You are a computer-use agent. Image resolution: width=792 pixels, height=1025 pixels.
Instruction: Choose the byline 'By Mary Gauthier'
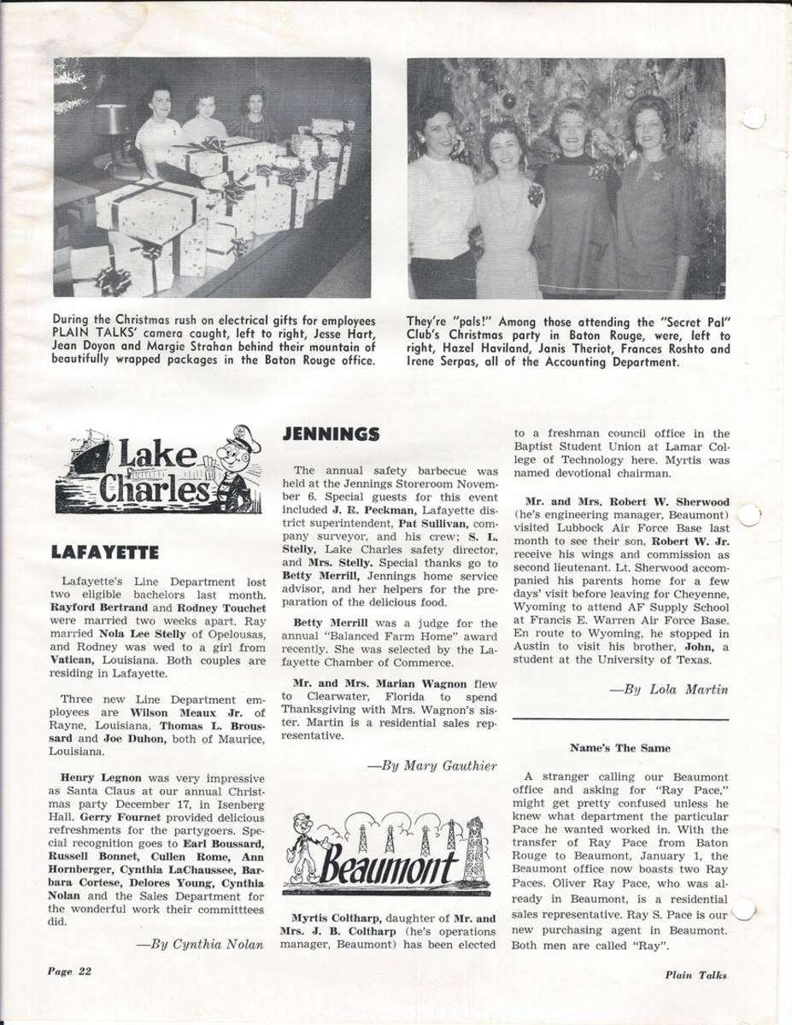click(431, 765)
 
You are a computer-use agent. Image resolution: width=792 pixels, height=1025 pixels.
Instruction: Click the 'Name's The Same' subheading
click(620, 748)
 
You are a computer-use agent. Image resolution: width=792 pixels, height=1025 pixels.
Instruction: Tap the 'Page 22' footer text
click(63, 971)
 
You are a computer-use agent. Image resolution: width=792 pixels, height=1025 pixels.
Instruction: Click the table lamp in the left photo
click(109, 126)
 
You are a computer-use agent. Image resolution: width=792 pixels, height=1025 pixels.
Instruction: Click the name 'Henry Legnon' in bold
click(94, 778)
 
